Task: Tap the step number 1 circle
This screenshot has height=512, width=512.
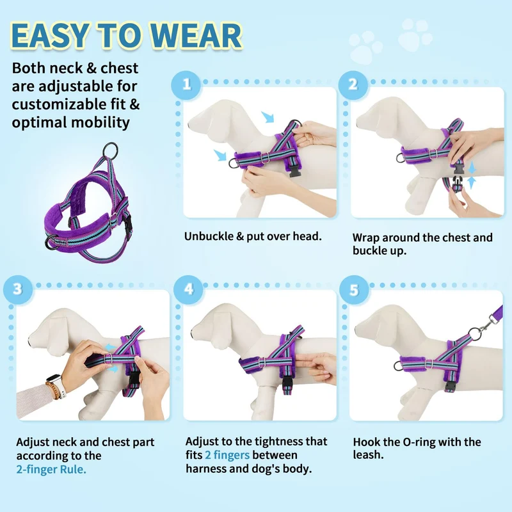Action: [186, 85]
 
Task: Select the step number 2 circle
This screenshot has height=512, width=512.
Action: [353, 85]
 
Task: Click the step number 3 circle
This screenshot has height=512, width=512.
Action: [18, 289]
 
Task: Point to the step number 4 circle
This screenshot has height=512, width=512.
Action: [188, 289]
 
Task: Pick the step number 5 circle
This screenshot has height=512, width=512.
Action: [354, 290]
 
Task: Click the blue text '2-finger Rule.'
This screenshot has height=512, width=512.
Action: [51, 469]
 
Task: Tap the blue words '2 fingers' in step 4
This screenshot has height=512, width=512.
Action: [227, 455]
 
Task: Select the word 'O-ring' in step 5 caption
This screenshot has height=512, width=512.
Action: [419, 442]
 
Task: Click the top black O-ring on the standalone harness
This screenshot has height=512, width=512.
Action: [110, 150]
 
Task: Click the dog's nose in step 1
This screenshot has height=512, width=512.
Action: [189, 125]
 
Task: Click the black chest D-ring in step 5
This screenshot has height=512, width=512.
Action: [397, 366]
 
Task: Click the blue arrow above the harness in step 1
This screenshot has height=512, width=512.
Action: [268, 117]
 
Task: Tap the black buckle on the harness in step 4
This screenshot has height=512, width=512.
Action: [287, 381]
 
